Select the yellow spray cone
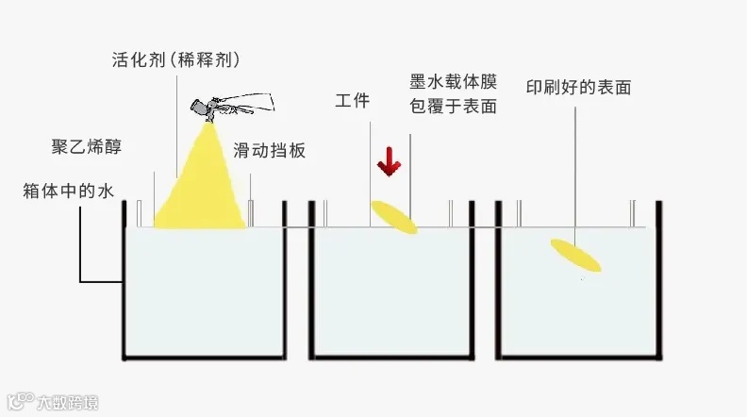click(x=201, y=189)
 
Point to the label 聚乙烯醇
click(x=86, y=147)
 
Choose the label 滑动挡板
click(x=270, y=150)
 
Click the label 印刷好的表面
click(x=578, y=88)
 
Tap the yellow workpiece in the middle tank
click(x=393, y=217)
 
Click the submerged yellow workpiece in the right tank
click(x=576, y=255)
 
